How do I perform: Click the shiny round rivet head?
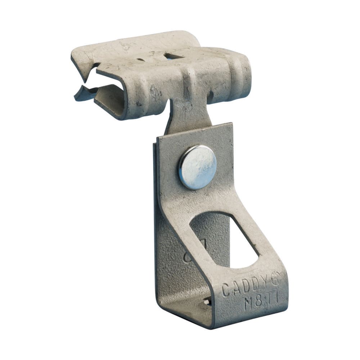click(197, 167)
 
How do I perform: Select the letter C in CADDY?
click(226, 290)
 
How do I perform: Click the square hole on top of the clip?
click(174, 56)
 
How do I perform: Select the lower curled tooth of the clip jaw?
click(81, 94)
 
